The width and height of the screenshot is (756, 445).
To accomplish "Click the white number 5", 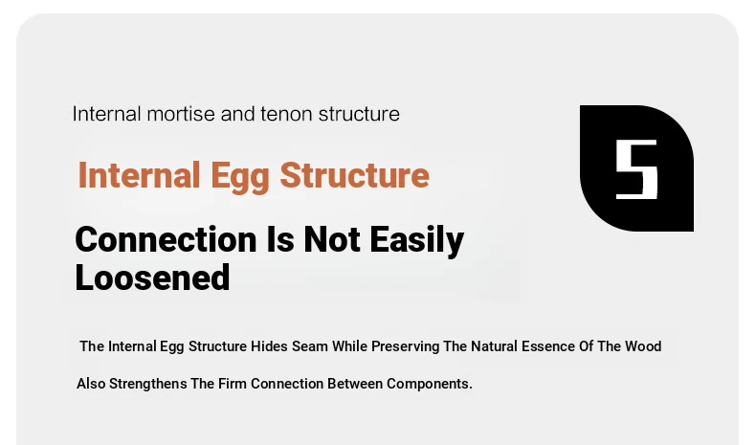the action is pos(637,169).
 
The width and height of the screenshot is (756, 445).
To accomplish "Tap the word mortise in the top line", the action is pos(181,114).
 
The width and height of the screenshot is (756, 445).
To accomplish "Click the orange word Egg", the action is pos(239,176).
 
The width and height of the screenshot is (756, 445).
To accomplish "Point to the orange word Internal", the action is pos(139,175).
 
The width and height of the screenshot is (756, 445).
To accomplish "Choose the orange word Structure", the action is pos(354,175).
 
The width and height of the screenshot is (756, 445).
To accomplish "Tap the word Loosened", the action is pos(152,278).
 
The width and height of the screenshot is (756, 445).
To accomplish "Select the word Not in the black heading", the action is pos(332,239).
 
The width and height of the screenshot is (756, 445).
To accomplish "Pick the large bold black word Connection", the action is pos(166,239).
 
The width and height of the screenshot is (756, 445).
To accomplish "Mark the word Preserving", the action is pos(405,347).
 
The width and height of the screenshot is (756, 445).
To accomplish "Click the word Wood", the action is pos(643,346).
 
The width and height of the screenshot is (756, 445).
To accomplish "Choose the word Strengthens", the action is pos(148,385).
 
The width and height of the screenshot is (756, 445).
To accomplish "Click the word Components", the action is pos(429,385).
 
